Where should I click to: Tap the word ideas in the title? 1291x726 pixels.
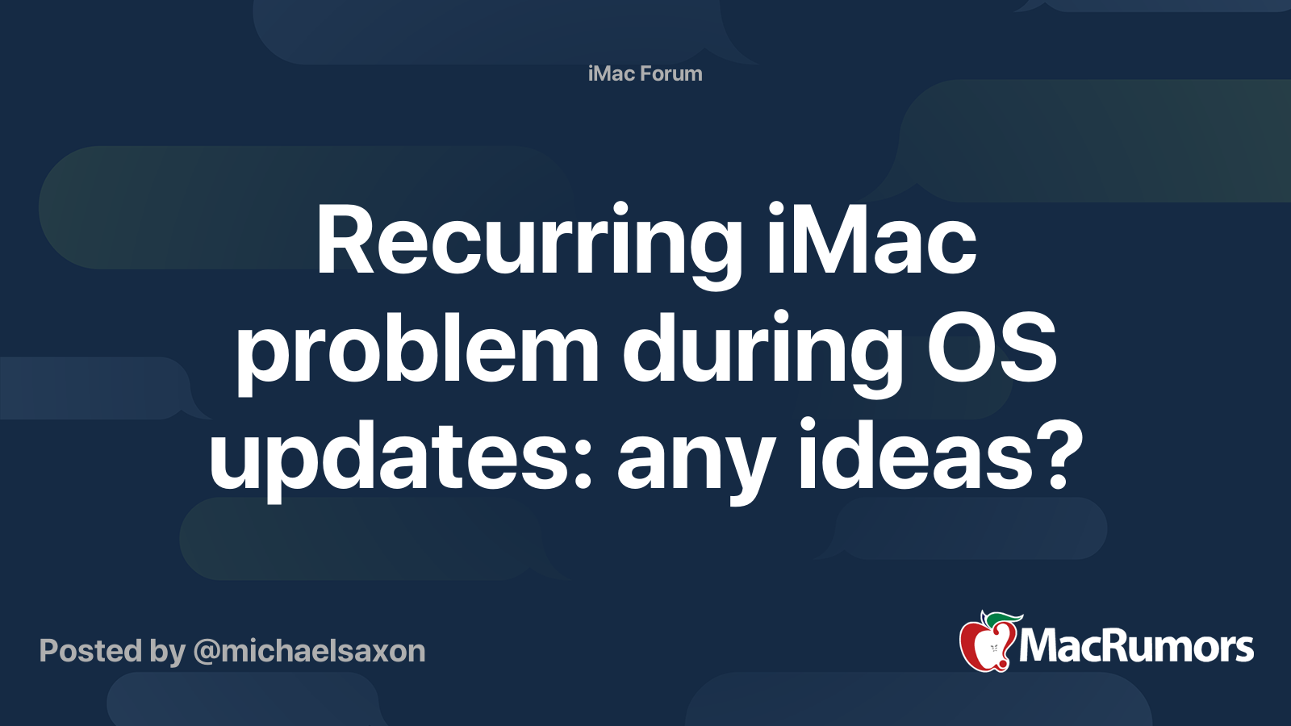[917, 456]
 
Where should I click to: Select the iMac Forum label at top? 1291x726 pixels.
[645, 73]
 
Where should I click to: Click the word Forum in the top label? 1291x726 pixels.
[671, 73]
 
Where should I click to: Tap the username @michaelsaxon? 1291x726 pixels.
[309, 651]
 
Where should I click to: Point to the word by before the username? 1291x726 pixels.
[168, 652]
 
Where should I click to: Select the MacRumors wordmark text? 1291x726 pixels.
[1136, 647]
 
